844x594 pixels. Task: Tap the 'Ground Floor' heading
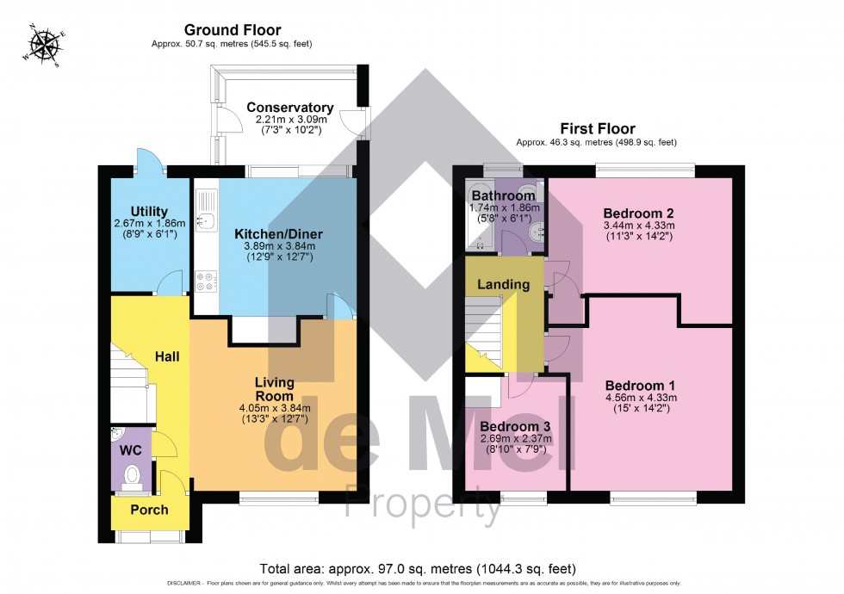pos(220,30)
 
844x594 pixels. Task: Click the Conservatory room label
pos(290,108)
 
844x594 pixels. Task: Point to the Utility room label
pos(149,212)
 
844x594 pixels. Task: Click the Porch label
pos(149,510)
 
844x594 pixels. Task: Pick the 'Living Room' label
pos(275,388)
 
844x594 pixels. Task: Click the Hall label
pos(167,356)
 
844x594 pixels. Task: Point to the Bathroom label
pos(504,196)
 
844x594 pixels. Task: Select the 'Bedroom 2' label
pos(638,213)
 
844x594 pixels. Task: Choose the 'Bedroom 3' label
pos(515,426)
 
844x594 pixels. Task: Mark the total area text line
pos(418,569)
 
